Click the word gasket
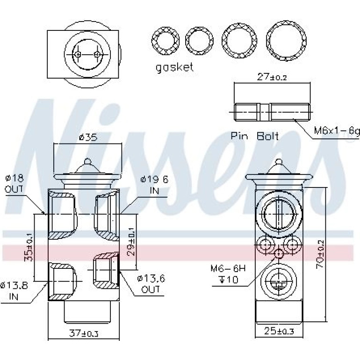pyautogui.click(x=174, y=67)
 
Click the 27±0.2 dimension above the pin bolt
pyautogui.click(x=272, y=77)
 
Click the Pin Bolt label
pyautogui.click(x=254, y=136)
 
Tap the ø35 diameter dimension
pyautogui.click(x=88, y=137)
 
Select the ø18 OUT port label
pyautogui.click(x=14, y=184)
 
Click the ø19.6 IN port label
pyautogui.click(x=154, y=185)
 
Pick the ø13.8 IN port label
pyautogui.click(x=14, y=291)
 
